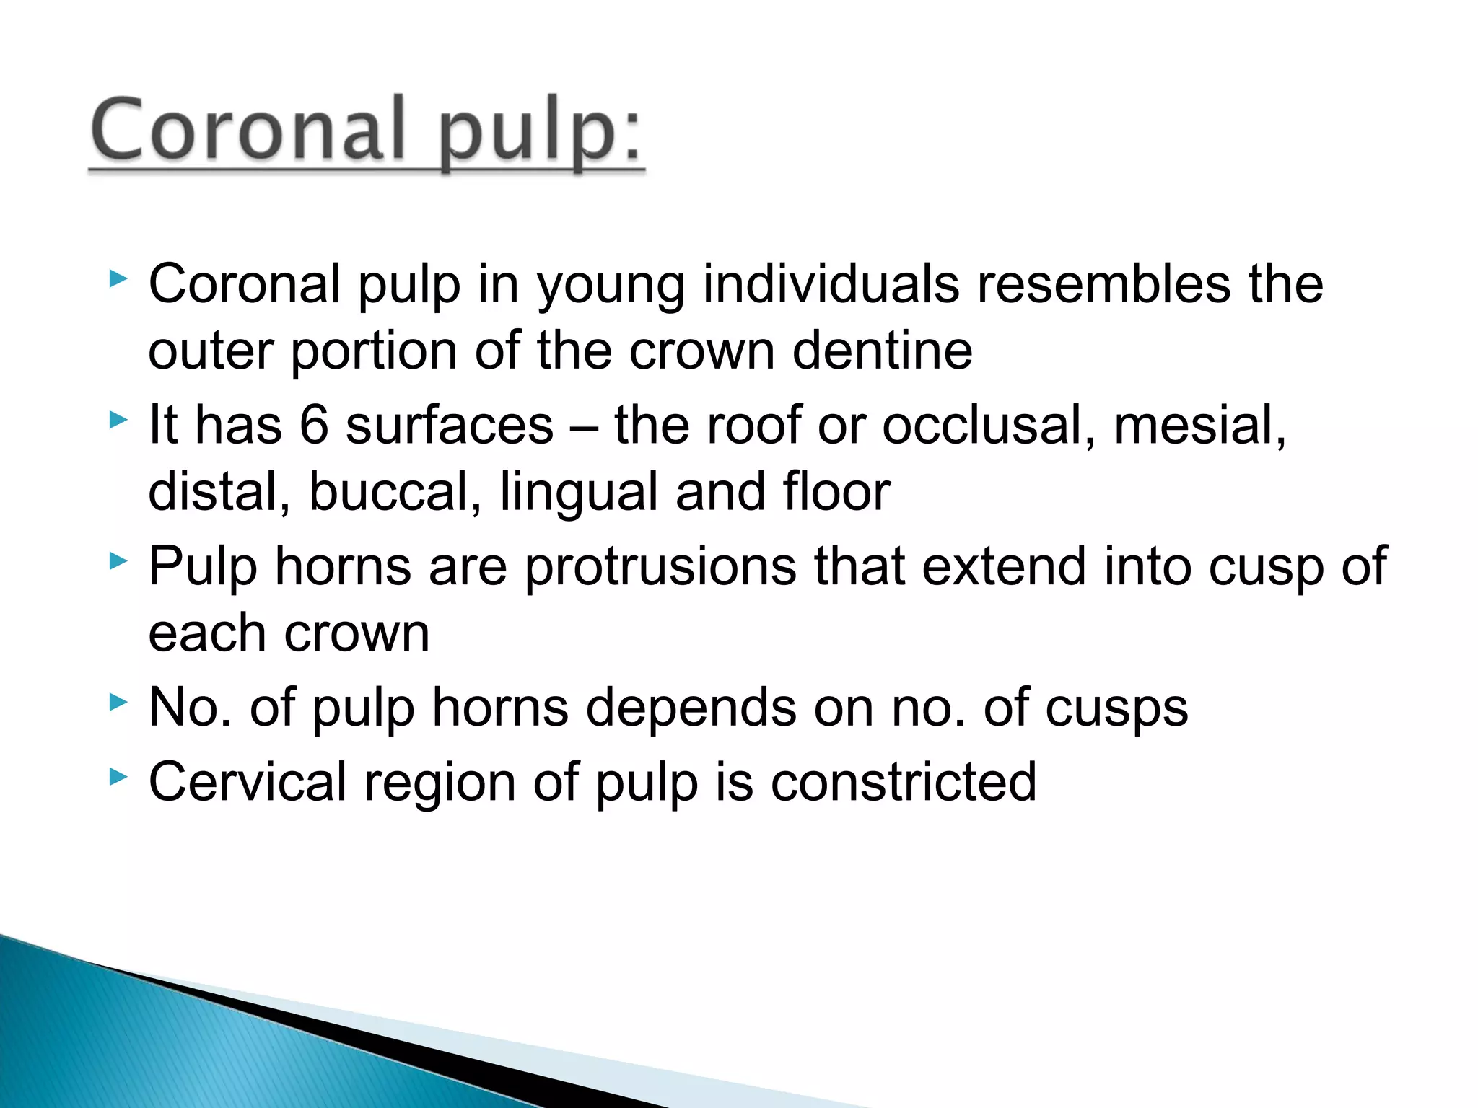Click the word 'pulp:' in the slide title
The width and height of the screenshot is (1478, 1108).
(x=539, y=131)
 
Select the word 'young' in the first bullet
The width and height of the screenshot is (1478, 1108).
(x=611, y=285)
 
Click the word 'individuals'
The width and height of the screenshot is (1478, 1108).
(x=831, y=283)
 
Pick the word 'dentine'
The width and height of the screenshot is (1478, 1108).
(x=882, y=351)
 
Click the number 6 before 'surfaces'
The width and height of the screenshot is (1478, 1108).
(x=314, y=425)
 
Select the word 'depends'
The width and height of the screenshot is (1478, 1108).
(x=691, y=708)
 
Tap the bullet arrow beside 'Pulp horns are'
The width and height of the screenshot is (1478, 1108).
(x=118, y=561)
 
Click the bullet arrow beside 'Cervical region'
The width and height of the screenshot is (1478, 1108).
(x=118, y=777)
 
